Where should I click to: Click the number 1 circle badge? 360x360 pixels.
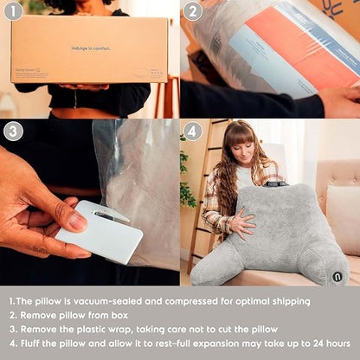(12, 12)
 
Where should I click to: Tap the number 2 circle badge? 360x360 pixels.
(192, 12)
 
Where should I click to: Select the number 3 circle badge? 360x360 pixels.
(12, 132)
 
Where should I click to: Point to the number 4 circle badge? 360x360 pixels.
(192, 132)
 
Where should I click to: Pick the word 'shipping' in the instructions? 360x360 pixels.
(286, 301)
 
